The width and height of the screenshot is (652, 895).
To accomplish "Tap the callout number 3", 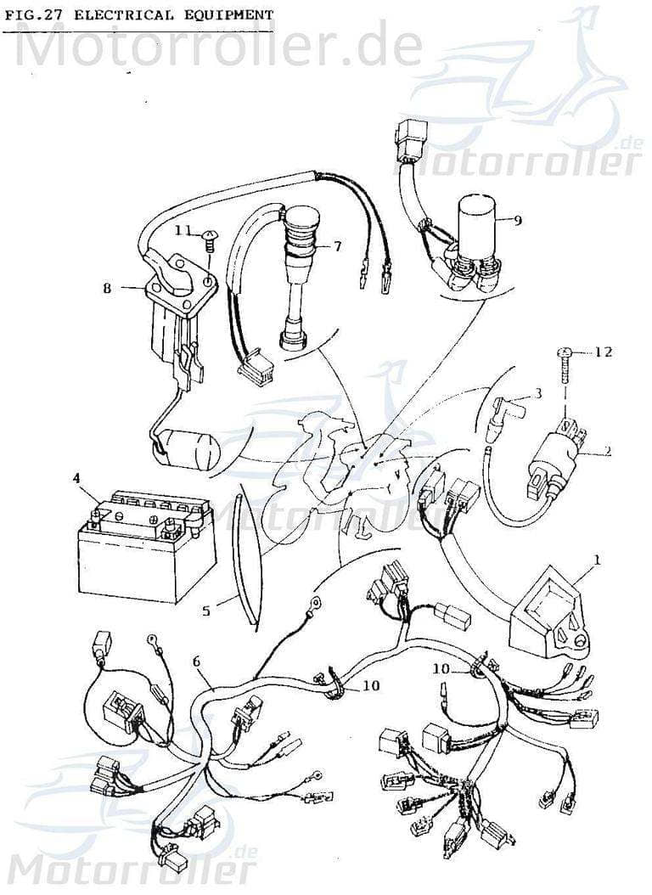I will (x=537, y=393).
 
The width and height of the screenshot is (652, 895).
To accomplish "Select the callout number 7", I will (x=337, y=246).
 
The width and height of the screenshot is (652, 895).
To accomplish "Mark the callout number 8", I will (x=107, y=288).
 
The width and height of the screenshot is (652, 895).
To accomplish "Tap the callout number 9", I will (x=517, y=220).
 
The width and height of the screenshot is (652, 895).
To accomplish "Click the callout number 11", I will (x=183, y=230).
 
